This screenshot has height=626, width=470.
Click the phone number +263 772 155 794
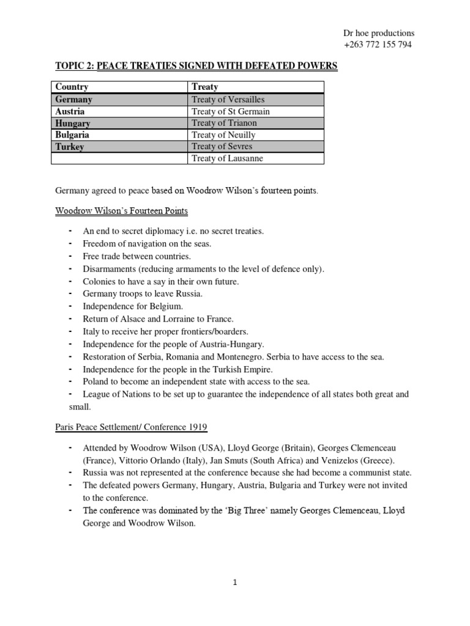(x=379, y=45)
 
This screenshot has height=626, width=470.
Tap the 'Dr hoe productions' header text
(x=379, y=33)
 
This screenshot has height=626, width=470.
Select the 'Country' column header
(x=72, y=87)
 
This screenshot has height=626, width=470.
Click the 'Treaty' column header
(x=205, y=87)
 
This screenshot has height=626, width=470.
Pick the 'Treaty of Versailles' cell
(x=228, y=99)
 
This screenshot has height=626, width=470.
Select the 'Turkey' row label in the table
(x=70, y=147)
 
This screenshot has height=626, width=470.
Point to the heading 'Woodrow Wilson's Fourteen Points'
(x=121, y=211)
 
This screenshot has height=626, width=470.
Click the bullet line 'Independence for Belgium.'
(x=133, y=306)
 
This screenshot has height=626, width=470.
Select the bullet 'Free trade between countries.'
(x=137, y=256)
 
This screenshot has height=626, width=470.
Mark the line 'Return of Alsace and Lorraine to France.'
(x=159, y=319)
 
